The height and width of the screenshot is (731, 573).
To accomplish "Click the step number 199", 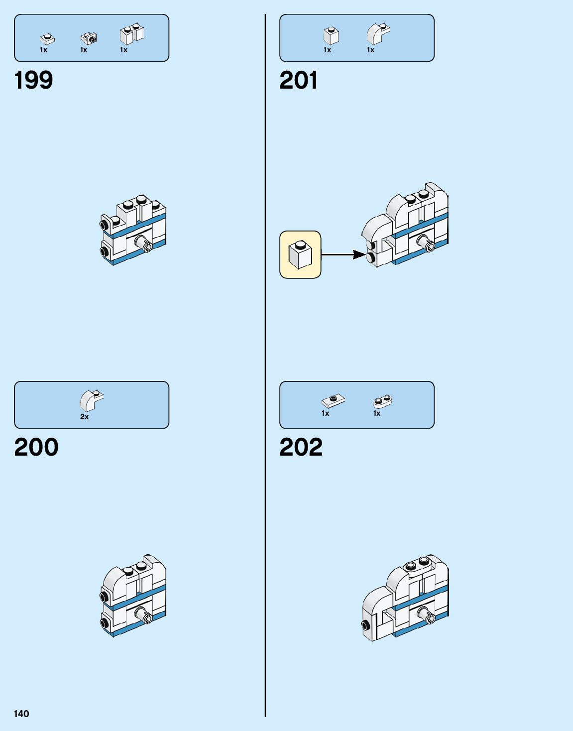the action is (33, 80).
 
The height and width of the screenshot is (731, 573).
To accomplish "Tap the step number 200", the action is (36, 447).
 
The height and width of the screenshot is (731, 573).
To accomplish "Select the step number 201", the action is (298, 80).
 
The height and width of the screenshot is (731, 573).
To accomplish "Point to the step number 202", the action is (301, 447).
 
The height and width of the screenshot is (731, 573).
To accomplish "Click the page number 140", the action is (21, 714).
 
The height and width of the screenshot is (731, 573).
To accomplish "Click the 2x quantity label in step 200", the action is (84, 417).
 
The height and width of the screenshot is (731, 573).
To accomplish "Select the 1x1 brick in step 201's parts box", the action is (331, 35).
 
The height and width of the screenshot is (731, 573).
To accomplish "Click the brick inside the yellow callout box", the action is (301, 254).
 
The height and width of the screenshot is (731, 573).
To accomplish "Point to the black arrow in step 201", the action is (344, 254).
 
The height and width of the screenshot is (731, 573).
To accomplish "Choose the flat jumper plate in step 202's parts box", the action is (333, 400).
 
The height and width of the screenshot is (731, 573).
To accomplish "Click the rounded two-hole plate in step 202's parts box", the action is (382, 401).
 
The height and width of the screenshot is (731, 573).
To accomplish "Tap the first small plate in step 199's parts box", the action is (47, 38).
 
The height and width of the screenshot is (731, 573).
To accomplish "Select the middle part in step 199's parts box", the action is (89, 38).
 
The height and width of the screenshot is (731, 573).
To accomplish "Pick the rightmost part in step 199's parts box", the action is (131, 34).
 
